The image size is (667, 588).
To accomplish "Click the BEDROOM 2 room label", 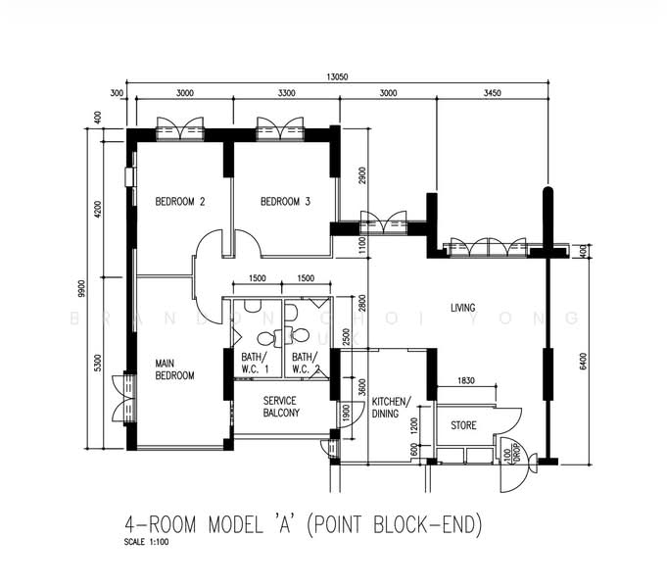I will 180,203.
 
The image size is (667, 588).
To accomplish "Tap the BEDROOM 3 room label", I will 285,203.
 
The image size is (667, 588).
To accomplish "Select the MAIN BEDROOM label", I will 174,369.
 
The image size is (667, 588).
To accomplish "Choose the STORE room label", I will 463,426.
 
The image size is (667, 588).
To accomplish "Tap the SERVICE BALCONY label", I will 281,407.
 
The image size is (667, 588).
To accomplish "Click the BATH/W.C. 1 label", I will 256,364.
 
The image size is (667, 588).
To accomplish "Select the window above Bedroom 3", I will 277,127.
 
